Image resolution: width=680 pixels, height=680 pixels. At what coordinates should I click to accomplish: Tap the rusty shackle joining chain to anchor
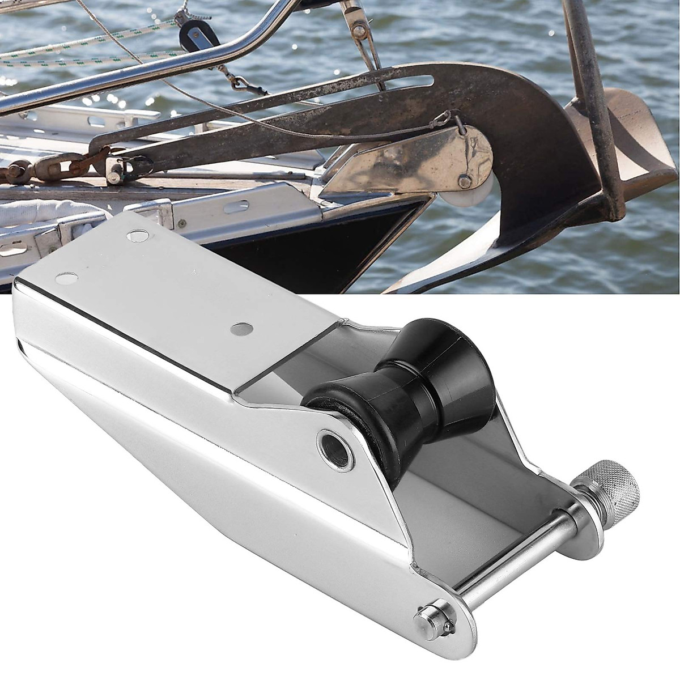(113, 168)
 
